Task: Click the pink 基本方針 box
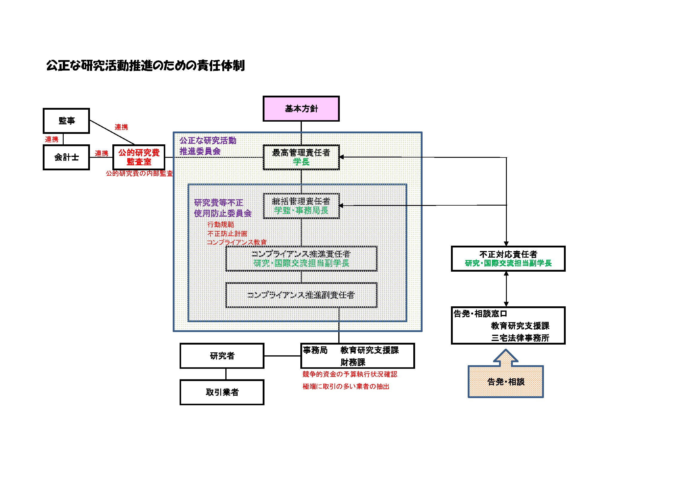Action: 301,109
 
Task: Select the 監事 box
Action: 66,121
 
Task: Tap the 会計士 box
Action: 66,157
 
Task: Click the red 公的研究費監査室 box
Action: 139,157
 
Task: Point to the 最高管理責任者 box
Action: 301,157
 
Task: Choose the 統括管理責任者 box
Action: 301,206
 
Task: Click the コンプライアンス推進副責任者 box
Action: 301,295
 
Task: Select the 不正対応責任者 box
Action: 508,259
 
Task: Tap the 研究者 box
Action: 222,356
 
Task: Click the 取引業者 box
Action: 222,392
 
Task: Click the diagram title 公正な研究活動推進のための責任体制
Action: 145,65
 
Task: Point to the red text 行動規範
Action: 221,224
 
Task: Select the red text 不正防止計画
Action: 227,233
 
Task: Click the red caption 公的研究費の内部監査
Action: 139,173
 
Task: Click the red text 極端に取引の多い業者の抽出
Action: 345,386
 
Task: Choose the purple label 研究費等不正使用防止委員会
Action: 222,208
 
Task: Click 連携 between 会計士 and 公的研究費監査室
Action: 101,153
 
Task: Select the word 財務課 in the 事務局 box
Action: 353,362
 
